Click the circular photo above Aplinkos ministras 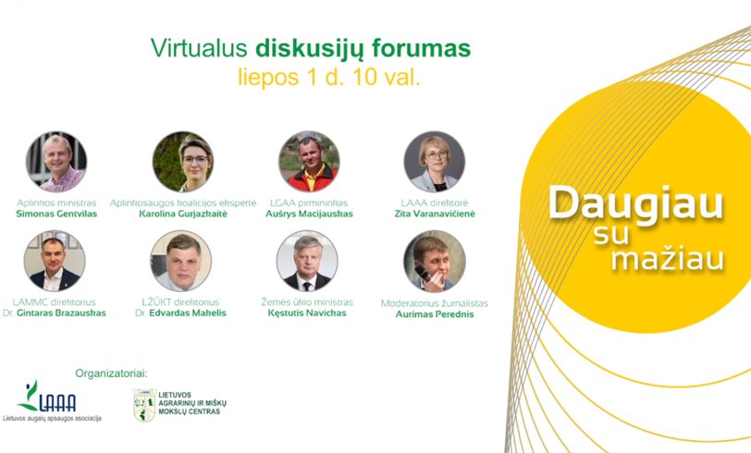56,162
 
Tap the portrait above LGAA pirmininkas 310,162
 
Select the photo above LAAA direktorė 435,162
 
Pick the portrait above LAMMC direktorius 55,261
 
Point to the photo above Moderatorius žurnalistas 435,262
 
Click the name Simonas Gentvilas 56,214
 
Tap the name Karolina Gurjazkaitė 183,214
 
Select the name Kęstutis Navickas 307,313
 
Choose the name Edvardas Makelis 188,313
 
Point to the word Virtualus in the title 199,48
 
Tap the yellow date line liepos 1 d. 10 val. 329,77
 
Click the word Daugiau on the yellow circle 635,204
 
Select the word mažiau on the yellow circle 667,259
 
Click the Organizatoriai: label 111,373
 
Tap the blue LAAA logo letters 57,403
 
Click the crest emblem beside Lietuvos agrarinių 144,405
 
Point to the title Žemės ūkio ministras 307,302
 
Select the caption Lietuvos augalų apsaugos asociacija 52,419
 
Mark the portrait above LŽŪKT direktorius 181,261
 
